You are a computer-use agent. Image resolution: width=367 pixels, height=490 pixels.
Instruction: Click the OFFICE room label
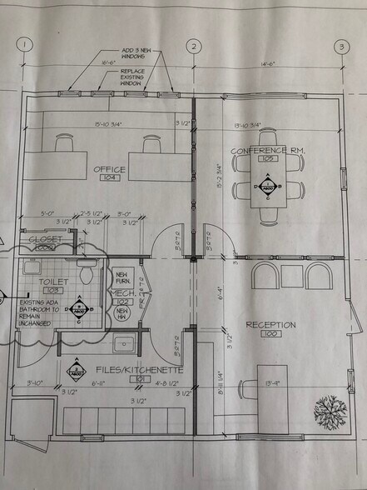coord(110,169)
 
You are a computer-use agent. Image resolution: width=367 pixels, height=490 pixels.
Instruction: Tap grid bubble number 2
coord(195,47)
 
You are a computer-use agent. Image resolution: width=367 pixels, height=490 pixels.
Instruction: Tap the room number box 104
coord(109,179)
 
